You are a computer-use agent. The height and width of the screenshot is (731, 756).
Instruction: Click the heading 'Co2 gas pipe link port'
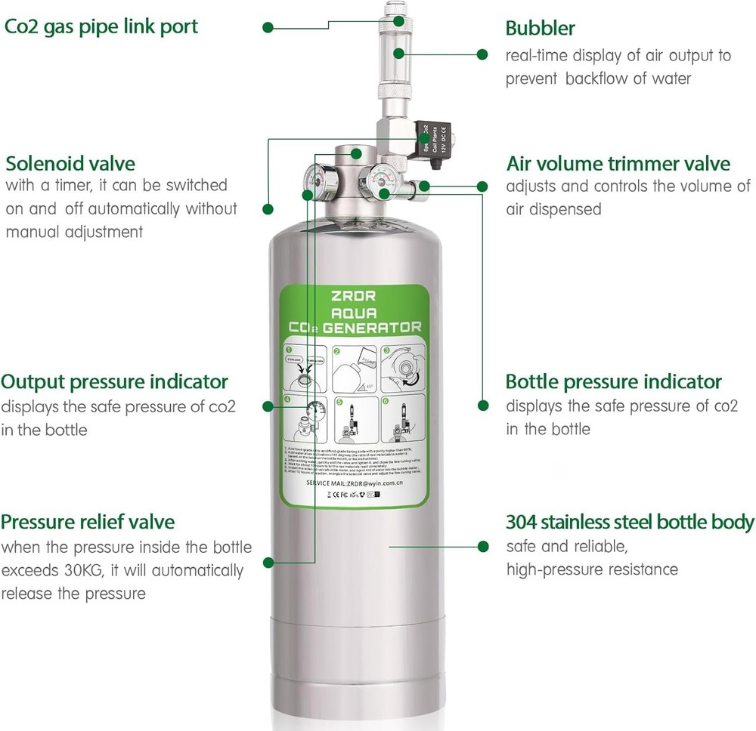pyautogui.click(x=101, y=27)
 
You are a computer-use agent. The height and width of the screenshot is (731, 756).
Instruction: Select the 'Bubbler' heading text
pyautogui.click(x=540, y=29)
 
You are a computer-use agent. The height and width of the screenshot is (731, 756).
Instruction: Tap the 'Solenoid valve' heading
pyautogui.click(x=70, y=164)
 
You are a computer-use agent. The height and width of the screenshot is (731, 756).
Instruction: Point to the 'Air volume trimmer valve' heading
pyautogui.click(x=618, y=164)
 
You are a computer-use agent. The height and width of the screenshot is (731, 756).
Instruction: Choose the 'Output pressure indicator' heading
pyautogui.click(x=113, y=381)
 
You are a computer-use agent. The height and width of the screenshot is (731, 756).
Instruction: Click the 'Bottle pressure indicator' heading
pyautogui.click(x=613, y=381)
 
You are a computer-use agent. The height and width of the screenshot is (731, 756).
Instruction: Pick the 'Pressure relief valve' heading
pyautogui.click(x=88, y=522)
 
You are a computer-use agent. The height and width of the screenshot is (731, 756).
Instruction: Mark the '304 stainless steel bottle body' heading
pyautogui.click(x=629, y=522)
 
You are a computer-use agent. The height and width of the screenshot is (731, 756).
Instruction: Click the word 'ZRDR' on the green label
pyautogui.click(x=352, y=295)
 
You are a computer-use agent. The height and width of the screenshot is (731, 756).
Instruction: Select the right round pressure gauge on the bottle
pyautogui.click(x=374, y=181)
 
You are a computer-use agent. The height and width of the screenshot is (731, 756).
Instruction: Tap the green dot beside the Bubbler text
pyautogui.click(x=482, y=54)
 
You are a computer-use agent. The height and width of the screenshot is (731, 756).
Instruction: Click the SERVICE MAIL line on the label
pyautogui.click(x=352, y=482)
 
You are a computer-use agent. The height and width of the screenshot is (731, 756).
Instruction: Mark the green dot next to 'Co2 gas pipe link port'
pyautogui.click(x=268, y=27)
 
